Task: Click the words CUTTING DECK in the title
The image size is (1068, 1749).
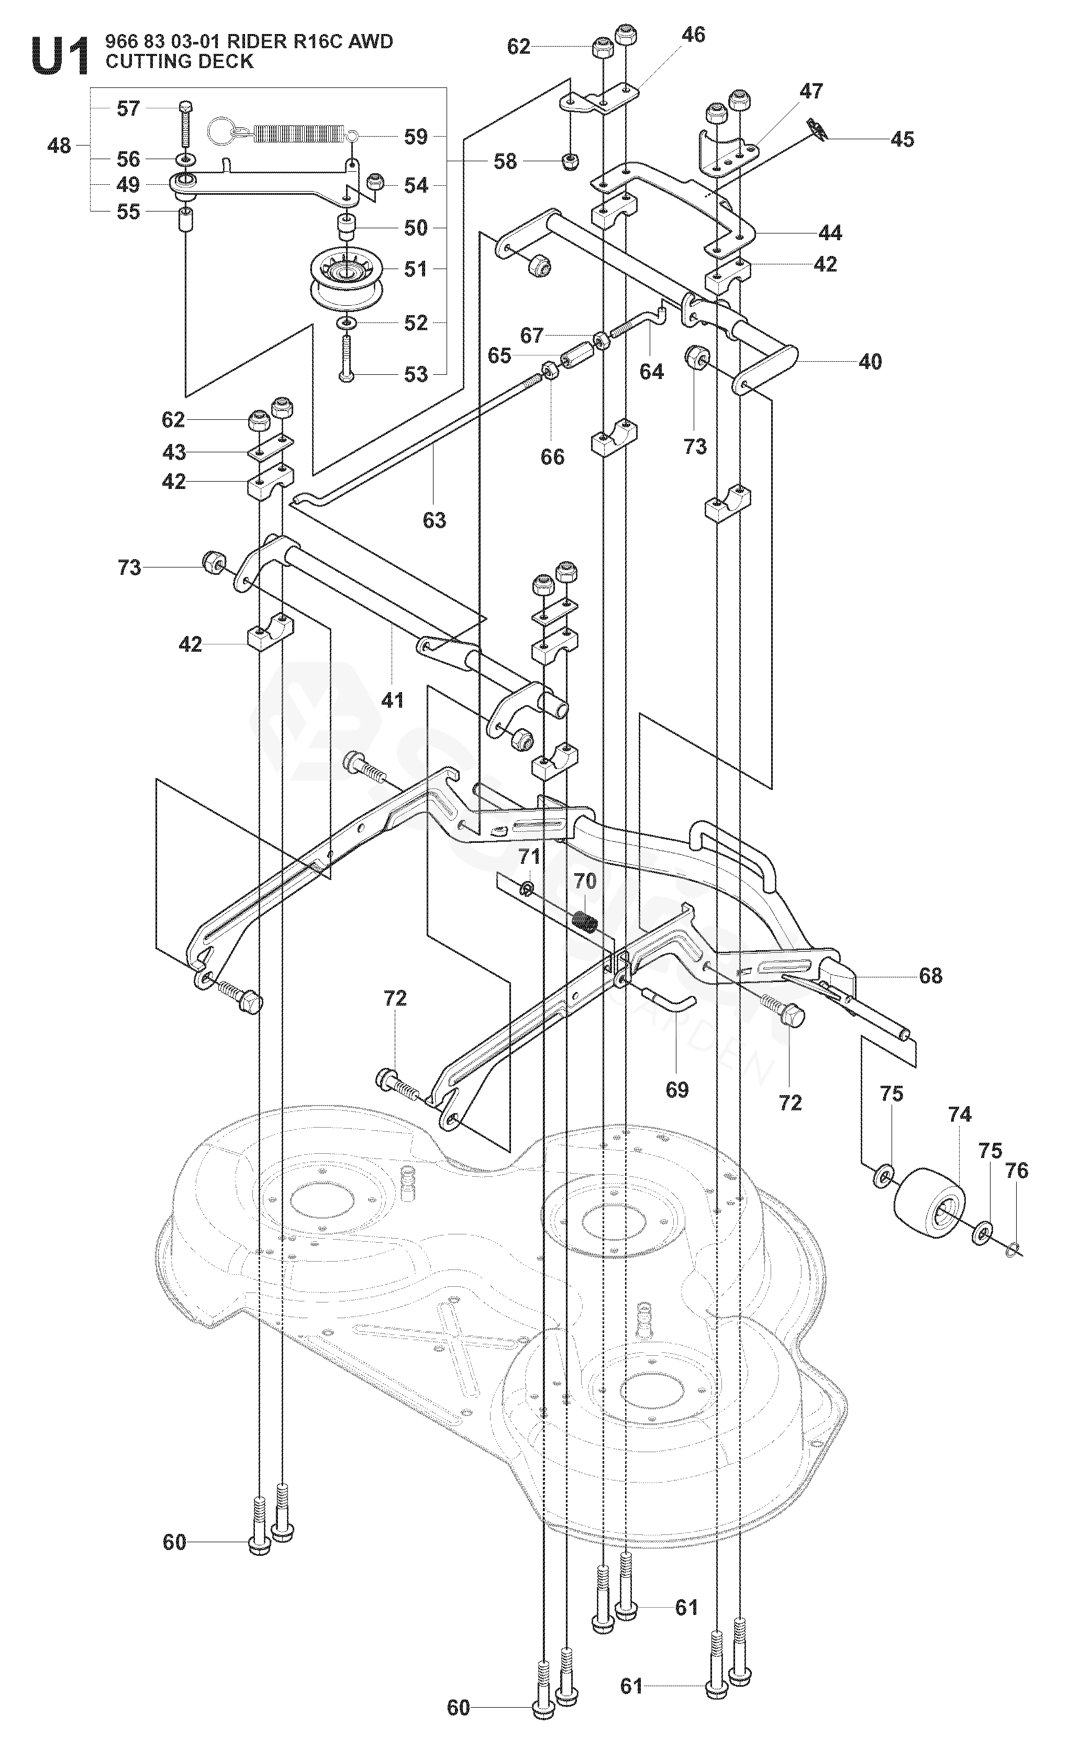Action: coord(179,62)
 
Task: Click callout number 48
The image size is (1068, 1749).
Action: coord(60,146)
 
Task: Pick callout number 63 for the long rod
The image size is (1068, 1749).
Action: coord(435,520)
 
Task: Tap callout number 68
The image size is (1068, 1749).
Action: coord(930,976)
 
